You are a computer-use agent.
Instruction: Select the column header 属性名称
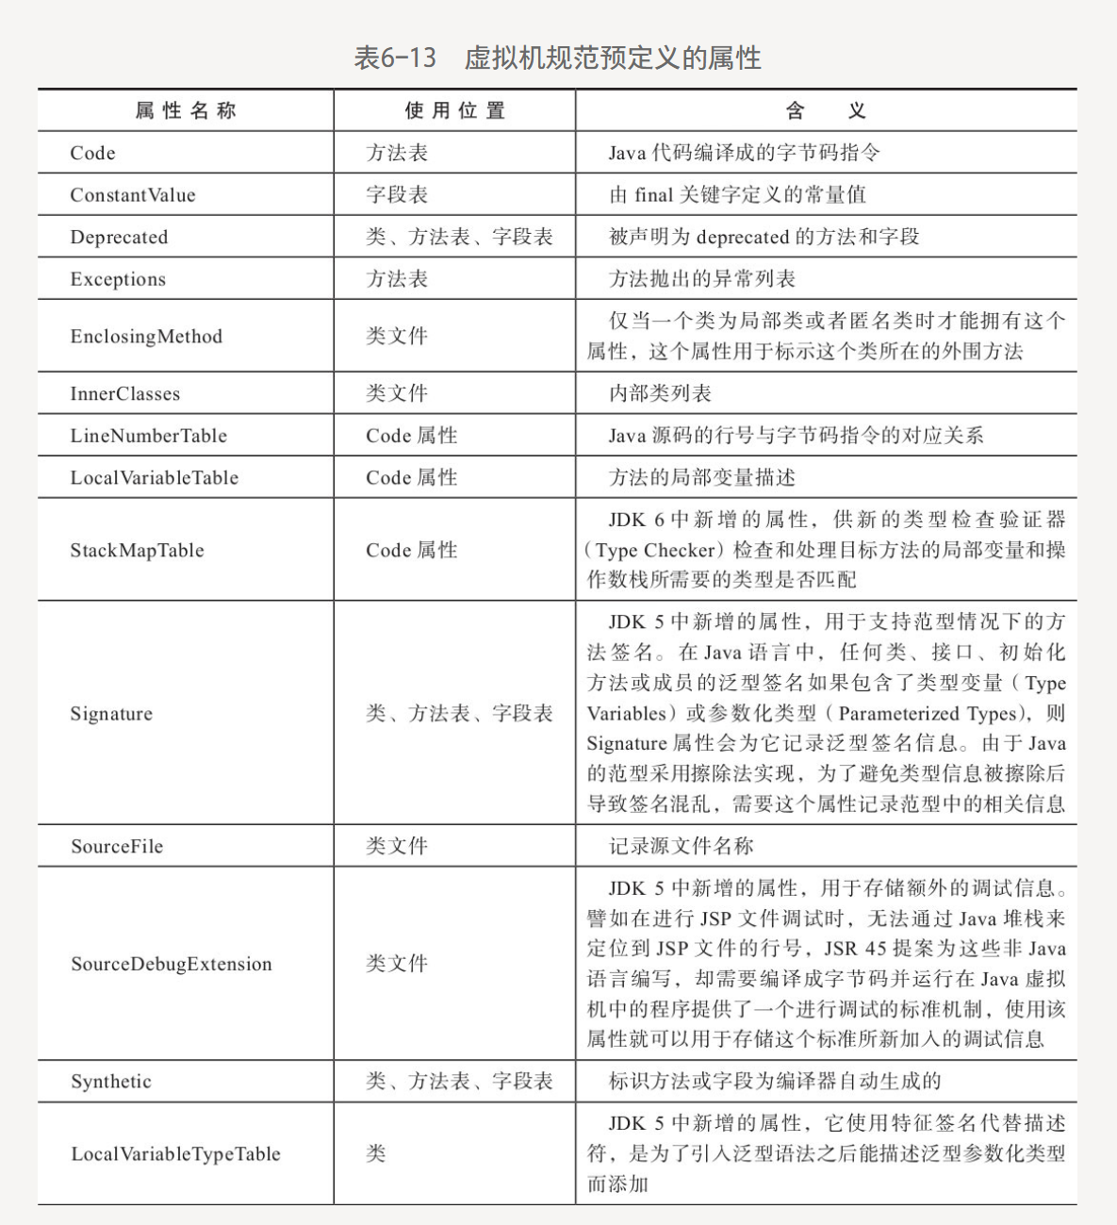coord(186,111)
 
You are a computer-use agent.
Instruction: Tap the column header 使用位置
coord(454,111)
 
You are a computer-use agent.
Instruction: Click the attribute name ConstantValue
coord(133,195)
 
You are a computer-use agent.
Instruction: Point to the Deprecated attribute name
coord(119,238)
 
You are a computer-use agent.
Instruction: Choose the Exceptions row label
coord(118,279)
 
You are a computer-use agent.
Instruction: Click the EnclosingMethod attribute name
coord(146,337)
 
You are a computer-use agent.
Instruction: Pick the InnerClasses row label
coord(124,394)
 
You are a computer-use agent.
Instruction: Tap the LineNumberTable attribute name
coord(148,436)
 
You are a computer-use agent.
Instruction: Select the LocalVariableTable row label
coord(154,478)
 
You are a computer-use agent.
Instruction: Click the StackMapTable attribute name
coord(137,551)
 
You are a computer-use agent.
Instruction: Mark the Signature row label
coord(111,714)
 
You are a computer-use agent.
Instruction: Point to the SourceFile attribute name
coord(117,847)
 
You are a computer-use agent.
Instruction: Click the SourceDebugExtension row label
coord(171,964)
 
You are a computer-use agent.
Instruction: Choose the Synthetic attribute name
coord(110,1082)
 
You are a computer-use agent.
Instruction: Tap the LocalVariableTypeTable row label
coord(175,1154)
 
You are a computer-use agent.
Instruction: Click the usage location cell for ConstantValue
coord(397,195)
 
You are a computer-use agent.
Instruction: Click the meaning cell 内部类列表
coord(660,394)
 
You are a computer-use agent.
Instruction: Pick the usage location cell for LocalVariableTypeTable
coord(376,1154)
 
